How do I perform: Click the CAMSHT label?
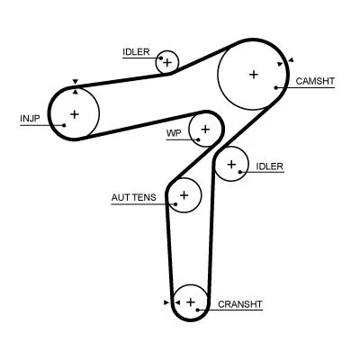point(315,81)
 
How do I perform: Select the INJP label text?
point(30,118)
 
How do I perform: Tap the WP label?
point(174,133)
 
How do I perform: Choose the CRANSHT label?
point(240,304)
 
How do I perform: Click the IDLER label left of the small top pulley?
point(137,52)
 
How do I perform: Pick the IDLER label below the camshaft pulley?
point(270,166)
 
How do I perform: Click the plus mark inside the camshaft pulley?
point(254,75)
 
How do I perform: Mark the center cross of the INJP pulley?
point(75,113)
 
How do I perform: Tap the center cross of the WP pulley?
point(206,130)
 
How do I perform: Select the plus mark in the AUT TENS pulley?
point(184,194)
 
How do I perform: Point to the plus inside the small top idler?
point(166,62)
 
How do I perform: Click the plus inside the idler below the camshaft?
point(232,164)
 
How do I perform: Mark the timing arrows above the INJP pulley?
point(75,84)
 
